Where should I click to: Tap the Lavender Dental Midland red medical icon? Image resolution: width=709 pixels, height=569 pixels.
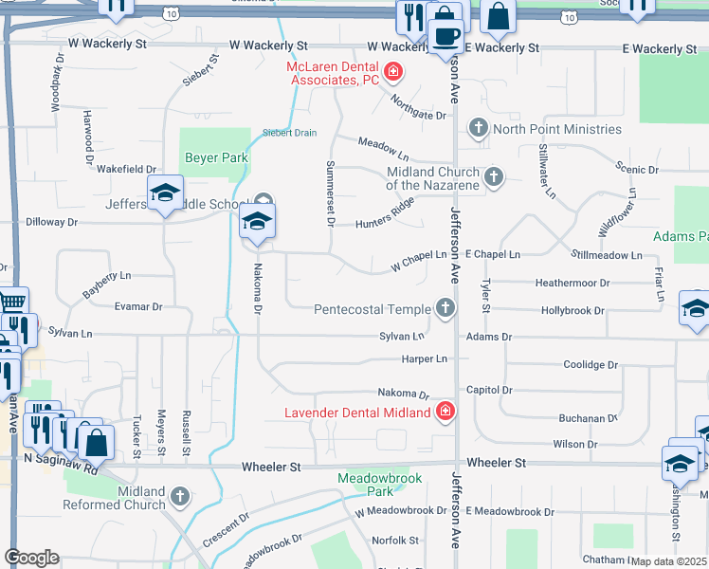(x=445, y=412)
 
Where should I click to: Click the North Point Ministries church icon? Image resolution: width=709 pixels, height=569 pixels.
(x=479, y=128)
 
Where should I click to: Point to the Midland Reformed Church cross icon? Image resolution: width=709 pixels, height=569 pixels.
(x=179, y=496)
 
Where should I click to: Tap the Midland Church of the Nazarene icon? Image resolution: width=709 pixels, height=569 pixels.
(x=494, y=177)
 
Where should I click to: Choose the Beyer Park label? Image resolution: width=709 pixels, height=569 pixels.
(x=215, y=158)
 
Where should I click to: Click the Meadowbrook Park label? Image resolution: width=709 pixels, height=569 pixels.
(x=366, y=485)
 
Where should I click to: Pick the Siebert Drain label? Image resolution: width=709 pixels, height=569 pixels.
(x=289, y=133)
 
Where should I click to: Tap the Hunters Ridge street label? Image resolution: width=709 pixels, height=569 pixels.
(x=386, y=217)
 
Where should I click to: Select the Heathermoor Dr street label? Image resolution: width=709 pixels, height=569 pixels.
(x=572, y=283)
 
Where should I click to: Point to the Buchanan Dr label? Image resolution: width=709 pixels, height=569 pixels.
(x=589, y=417)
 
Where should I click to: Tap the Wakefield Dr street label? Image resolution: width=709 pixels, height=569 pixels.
(x=126, y=169)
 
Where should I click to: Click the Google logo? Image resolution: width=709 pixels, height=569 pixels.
(x=31, y=558)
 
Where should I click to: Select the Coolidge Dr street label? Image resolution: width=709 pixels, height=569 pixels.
(x=591, y=364)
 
